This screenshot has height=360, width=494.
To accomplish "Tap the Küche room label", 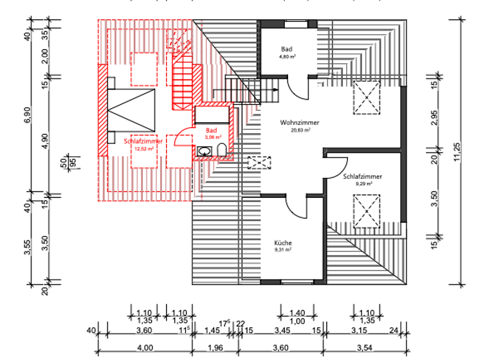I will click(x=284, y=243).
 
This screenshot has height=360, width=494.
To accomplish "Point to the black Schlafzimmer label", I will click(x=363, y=175).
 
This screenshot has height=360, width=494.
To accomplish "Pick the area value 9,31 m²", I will click(x=284, y=250).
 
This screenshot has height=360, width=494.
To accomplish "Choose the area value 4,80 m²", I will click(x=287, y=57).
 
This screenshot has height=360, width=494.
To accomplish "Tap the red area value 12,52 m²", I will click(x=142, y=148).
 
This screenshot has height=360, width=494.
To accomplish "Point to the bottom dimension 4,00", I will click(x=145, y=348).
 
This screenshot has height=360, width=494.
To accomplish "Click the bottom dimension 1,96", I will click(x=215, y=348).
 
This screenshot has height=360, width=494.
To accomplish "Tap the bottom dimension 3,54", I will click(x=364, y=348).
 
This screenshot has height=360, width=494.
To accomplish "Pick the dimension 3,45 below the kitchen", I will click(x=282, y=330).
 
